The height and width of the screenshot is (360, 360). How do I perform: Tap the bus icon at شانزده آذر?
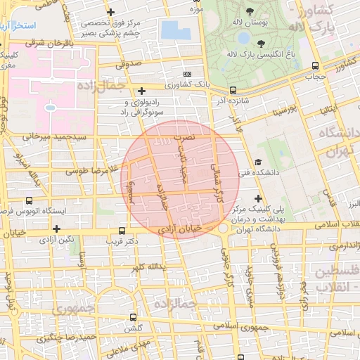coord(233,90)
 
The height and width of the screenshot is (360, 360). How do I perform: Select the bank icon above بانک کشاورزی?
coord(187,74)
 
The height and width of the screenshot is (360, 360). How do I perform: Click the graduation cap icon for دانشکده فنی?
coord(258,161)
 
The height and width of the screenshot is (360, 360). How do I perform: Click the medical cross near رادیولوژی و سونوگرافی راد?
coord(142,90)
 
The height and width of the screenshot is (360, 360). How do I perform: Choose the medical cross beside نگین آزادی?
coord(56,229)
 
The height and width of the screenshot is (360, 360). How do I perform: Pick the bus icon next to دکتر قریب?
coord(122,231)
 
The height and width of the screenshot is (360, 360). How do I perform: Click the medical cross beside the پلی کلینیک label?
coord(258,199)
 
